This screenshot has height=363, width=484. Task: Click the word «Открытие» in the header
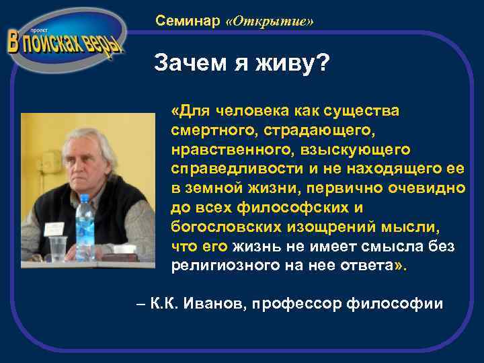(270, 22)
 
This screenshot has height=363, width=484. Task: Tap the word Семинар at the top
(188, 22)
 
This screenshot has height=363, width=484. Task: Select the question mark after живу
(321, 65)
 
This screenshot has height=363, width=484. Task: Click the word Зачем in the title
(186, 65)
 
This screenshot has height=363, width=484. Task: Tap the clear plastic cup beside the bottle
(58, 248)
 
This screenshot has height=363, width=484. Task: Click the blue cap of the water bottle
(83, 199)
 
